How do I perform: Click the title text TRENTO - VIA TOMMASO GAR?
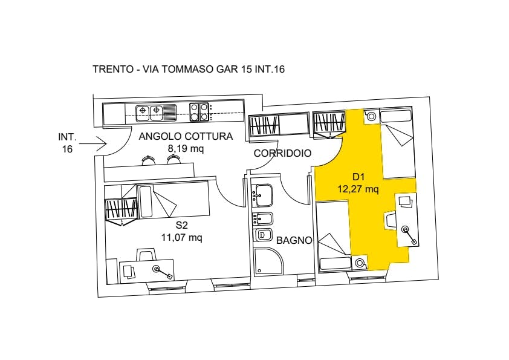pyautogui.click(x=166, y=69)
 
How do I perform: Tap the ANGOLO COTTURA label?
pyautogui.click(x=186, y=137)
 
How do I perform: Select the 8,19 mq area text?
pyautogui.click(x=186, y=148)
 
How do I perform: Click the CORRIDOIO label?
pyautogui.click(x=282, y=153)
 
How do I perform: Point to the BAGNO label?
pyautogui.click(x=294, y=240)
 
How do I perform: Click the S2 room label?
pyautogui.click(x=182, y=225)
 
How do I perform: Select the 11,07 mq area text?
pyautogui.click(x=182, y=238)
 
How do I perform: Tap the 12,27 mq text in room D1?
pyautogui.click(x=358, y=189)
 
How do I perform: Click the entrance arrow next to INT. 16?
pyautogui.click(x=93, y=143)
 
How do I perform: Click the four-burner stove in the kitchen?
pyautogui.click(x=199, y=112)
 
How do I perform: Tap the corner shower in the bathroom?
pyautogui.click(x=268, y=261)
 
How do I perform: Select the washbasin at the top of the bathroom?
pyautogui.click(x=264, y=195)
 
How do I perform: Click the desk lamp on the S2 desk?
pyautogui.click(x=162, y=272)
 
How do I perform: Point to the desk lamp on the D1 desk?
pyautogui.click(x=409, y=235)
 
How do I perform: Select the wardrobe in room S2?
pyautogui.click(x=120, y=211)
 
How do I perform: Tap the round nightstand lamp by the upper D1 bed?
pyautogui.click(x=371, y=116)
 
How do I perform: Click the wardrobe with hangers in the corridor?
pyautogui.click(x=264, y=125)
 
